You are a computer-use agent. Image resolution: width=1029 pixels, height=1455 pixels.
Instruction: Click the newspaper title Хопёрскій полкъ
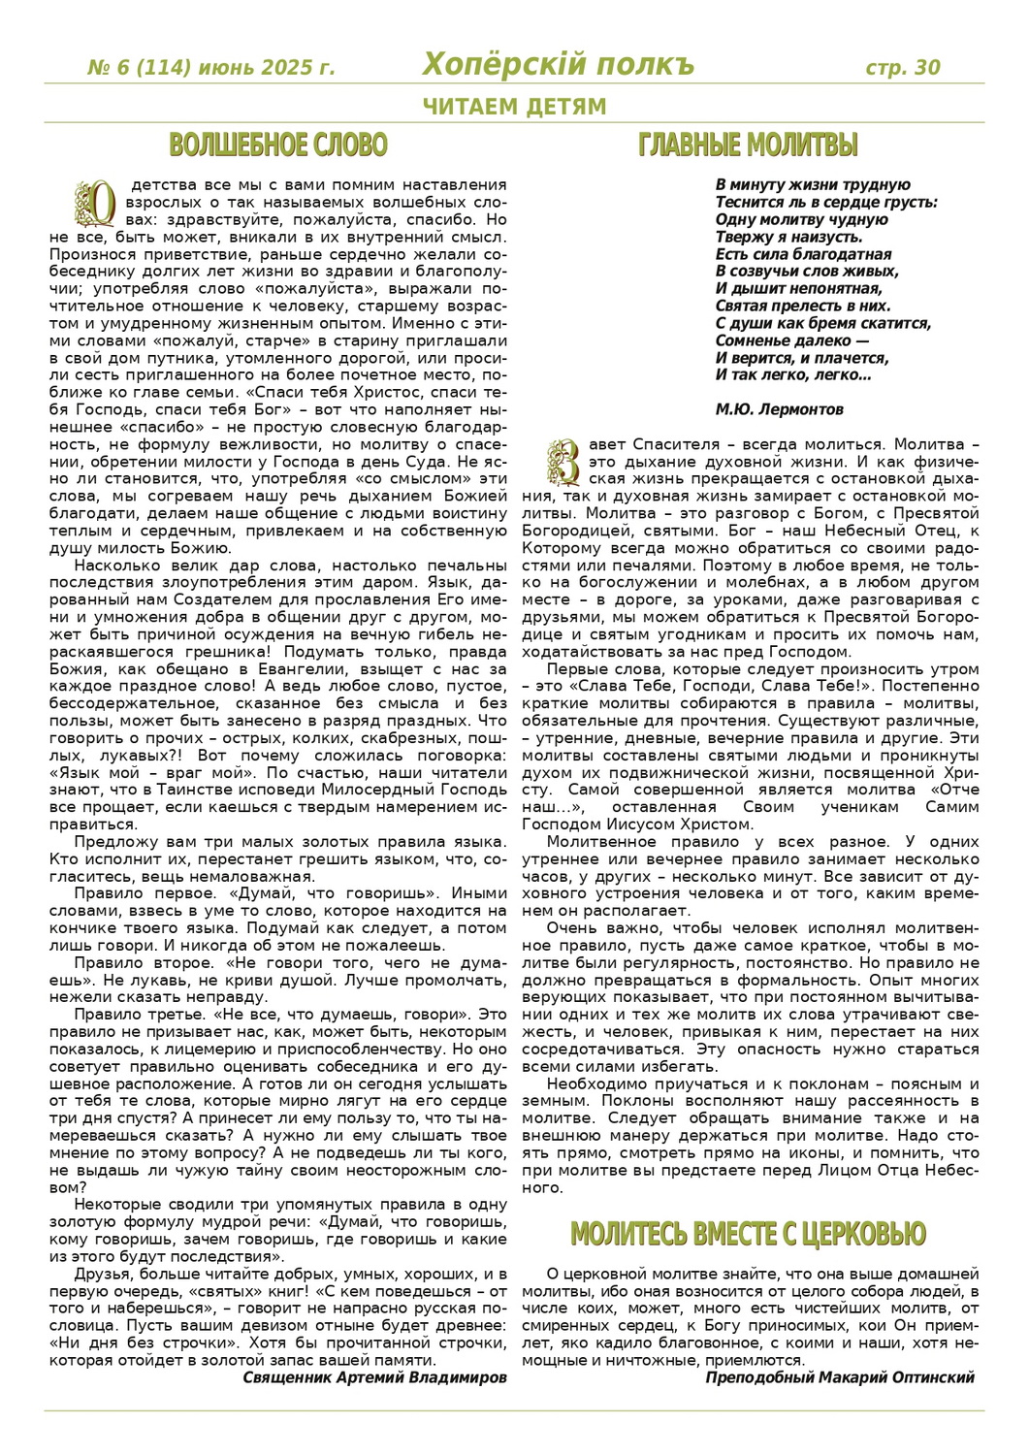(x=558, y=65)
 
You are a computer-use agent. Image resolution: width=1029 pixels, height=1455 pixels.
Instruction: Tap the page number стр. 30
(x=902, y=67)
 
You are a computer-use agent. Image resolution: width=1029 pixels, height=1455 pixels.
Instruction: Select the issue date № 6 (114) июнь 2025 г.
(x=211, y=68)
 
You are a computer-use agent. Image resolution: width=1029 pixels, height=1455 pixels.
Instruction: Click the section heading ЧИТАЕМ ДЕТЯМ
(x=514, y=107)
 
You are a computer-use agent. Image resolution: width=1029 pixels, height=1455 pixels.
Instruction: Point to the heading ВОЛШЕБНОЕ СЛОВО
(x=278, y=145)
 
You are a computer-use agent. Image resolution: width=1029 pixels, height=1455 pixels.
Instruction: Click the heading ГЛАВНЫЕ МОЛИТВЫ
(x=748, y=145)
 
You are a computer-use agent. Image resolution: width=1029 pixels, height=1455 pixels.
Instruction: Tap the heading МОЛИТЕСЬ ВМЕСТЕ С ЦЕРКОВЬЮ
(x=748, y=1234)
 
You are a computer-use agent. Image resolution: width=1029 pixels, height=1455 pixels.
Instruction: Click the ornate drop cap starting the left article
(x=96, y=203)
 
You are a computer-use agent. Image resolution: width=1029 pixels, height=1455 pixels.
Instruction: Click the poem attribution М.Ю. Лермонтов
(x=779, y=409)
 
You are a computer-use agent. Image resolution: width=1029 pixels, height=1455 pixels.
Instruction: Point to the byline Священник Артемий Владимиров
(x=374, y=1377)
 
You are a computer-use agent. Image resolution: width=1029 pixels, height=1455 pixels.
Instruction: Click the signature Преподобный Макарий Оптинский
(x=840, y=1377)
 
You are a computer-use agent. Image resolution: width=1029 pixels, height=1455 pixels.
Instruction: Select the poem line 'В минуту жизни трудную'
(x=813, y=185)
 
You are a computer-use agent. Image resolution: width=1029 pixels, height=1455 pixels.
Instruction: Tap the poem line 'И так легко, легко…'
(x=792, y=374)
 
